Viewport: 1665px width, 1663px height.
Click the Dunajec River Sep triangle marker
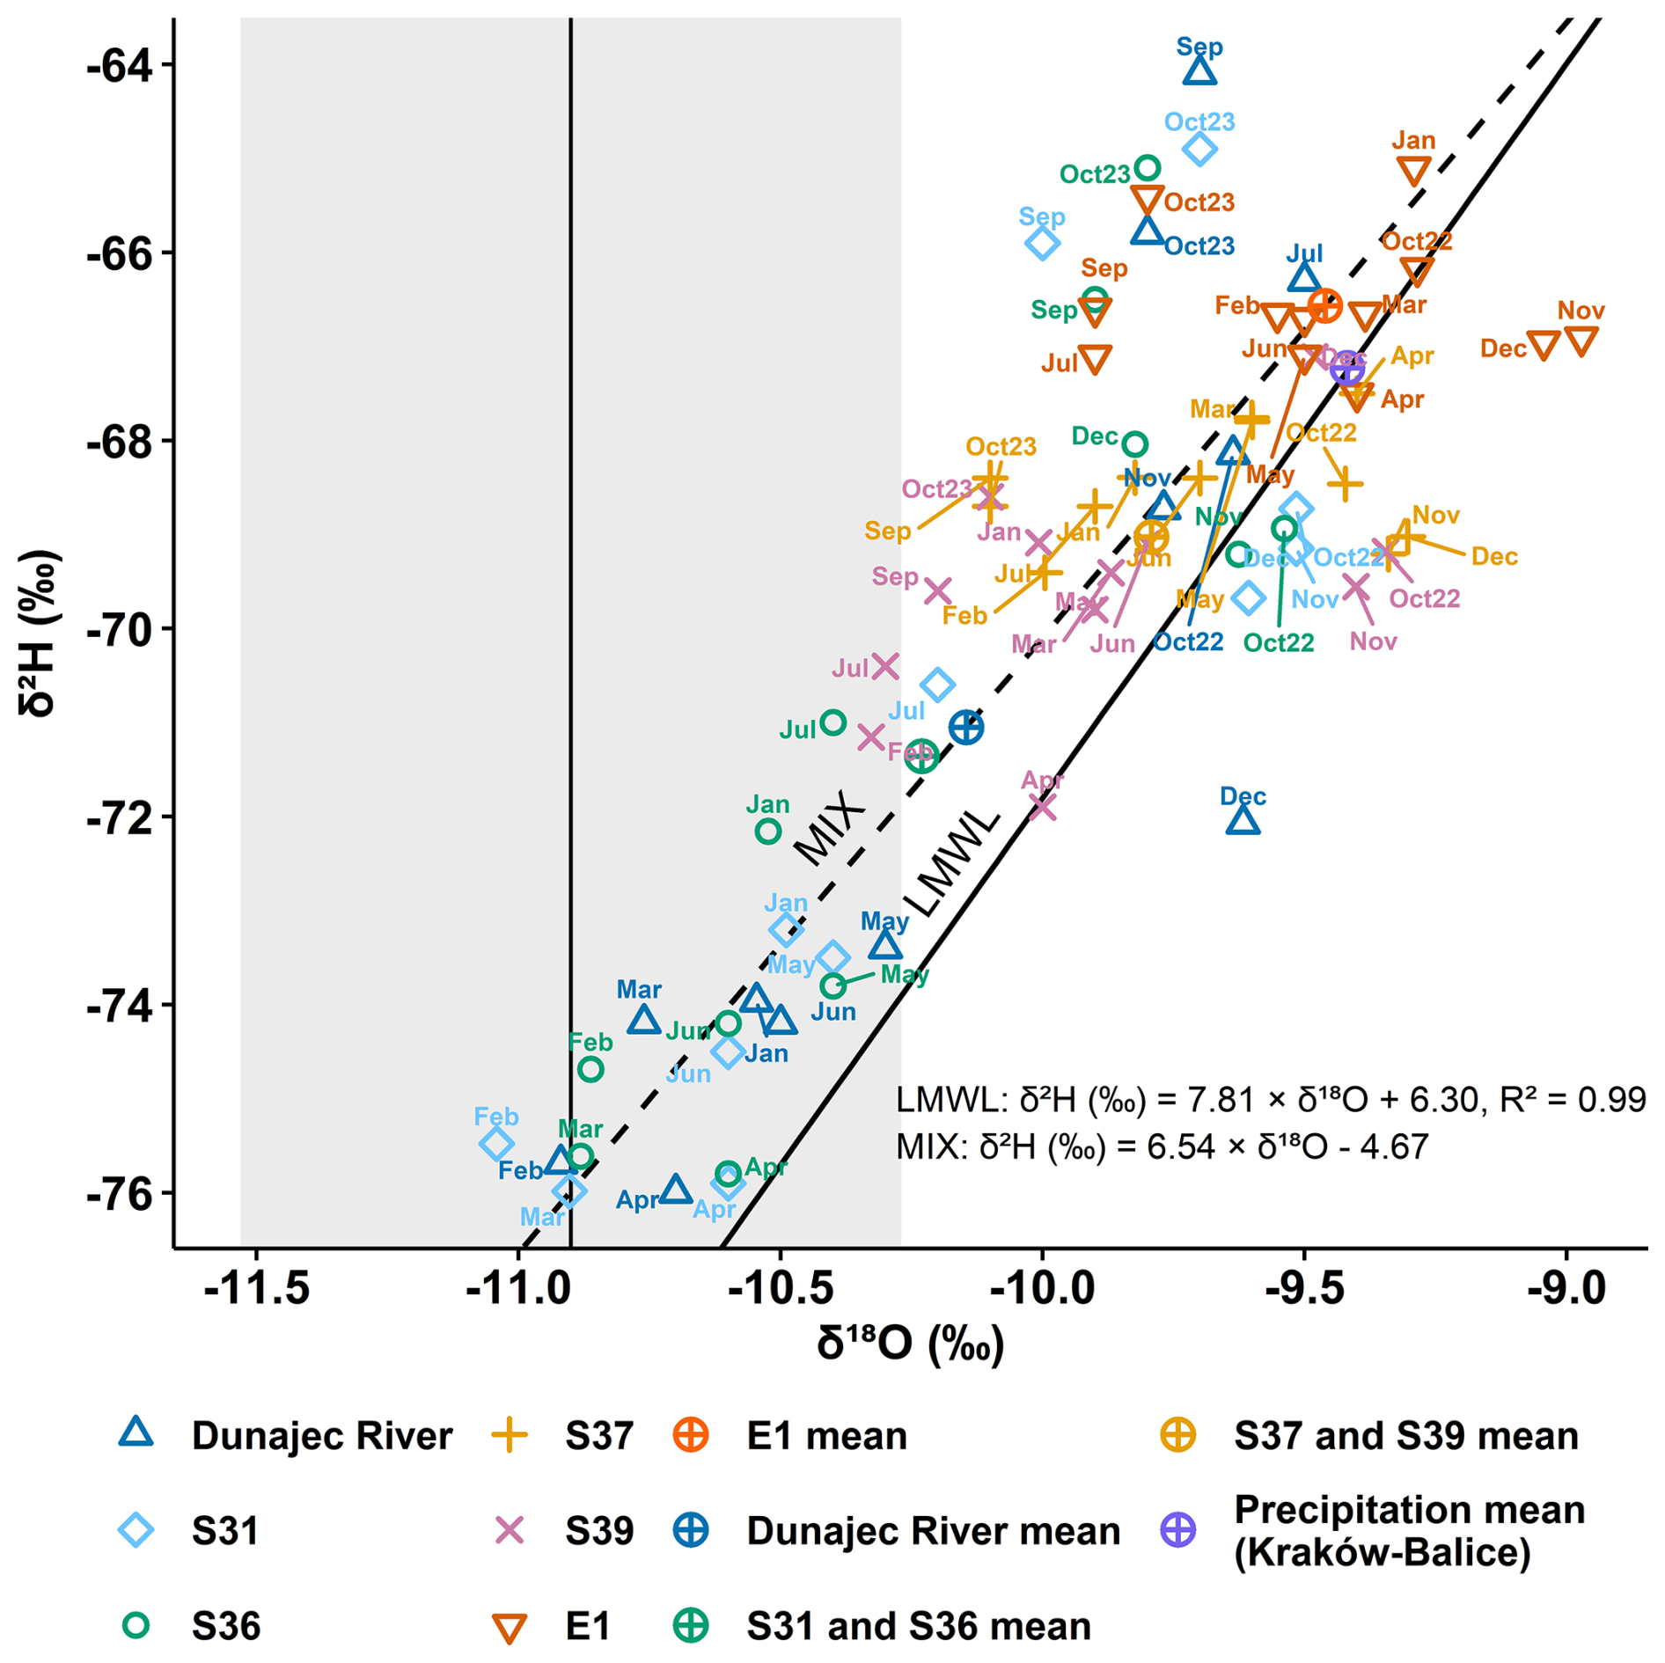(1199, 70)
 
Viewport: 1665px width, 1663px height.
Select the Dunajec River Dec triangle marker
(1243, 821)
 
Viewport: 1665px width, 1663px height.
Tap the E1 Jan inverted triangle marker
(1413, 171)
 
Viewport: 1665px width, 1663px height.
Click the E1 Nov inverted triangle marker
(1581, 341)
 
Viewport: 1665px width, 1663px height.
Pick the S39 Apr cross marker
(1042, 805)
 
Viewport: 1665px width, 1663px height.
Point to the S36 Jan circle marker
(767, 831)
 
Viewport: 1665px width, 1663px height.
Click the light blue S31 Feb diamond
(496, 1145)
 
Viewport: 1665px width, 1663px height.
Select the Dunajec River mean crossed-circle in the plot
(965, 728)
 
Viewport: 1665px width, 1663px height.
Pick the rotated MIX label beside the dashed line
(829, 827)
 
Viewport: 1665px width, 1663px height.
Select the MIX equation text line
(1162, 1147)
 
